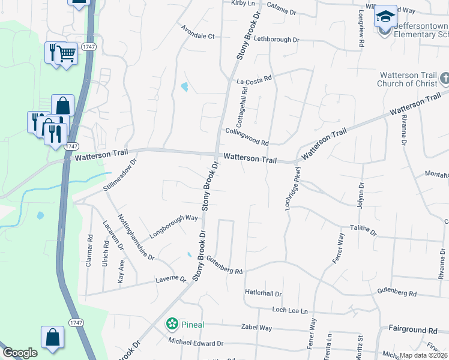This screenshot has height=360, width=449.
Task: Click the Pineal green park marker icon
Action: pos(172,325)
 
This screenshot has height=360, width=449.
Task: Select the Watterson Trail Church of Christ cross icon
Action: pos(445,79)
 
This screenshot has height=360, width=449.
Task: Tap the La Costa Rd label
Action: pos(255,79)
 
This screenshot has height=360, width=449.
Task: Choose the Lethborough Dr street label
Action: pos(276,40)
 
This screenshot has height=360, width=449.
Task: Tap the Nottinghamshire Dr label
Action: pos(136,237)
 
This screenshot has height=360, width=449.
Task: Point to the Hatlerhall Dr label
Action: pos(263,293)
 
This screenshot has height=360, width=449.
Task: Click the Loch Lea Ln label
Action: pos(289,311)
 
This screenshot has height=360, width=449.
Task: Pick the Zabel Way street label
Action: pos(256,328)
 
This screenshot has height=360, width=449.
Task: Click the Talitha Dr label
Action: pos(363,230)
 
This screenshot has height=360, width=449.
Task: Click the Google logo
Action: pos(20,353)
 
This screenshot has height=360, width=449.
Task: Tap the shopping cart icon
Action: pos(66,54)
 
